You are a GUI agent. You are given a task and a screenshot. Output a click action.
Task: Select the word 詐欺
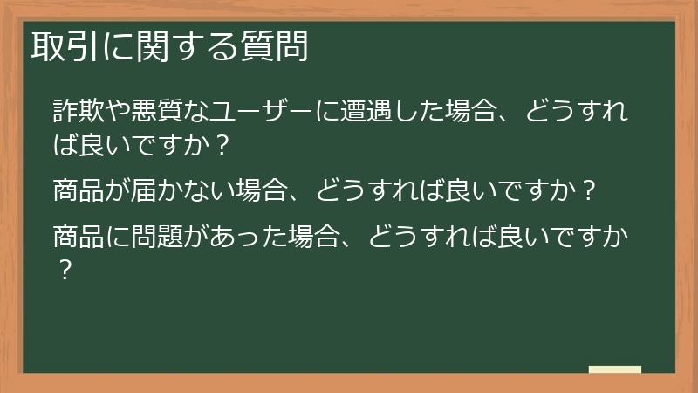coord(77,113)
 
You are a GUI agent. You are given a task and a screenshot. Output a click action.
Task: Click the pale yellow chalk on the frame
coord(614,370)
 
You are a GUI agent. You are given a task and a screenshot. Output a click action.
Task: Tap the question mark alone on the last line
coord(62,269)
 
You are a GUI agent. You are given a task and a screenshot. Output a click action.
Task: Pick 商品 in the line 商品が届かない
coord(77,189)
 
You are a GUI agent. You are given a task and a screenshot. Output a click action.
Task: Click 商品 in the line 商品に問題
coord(77,237)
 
